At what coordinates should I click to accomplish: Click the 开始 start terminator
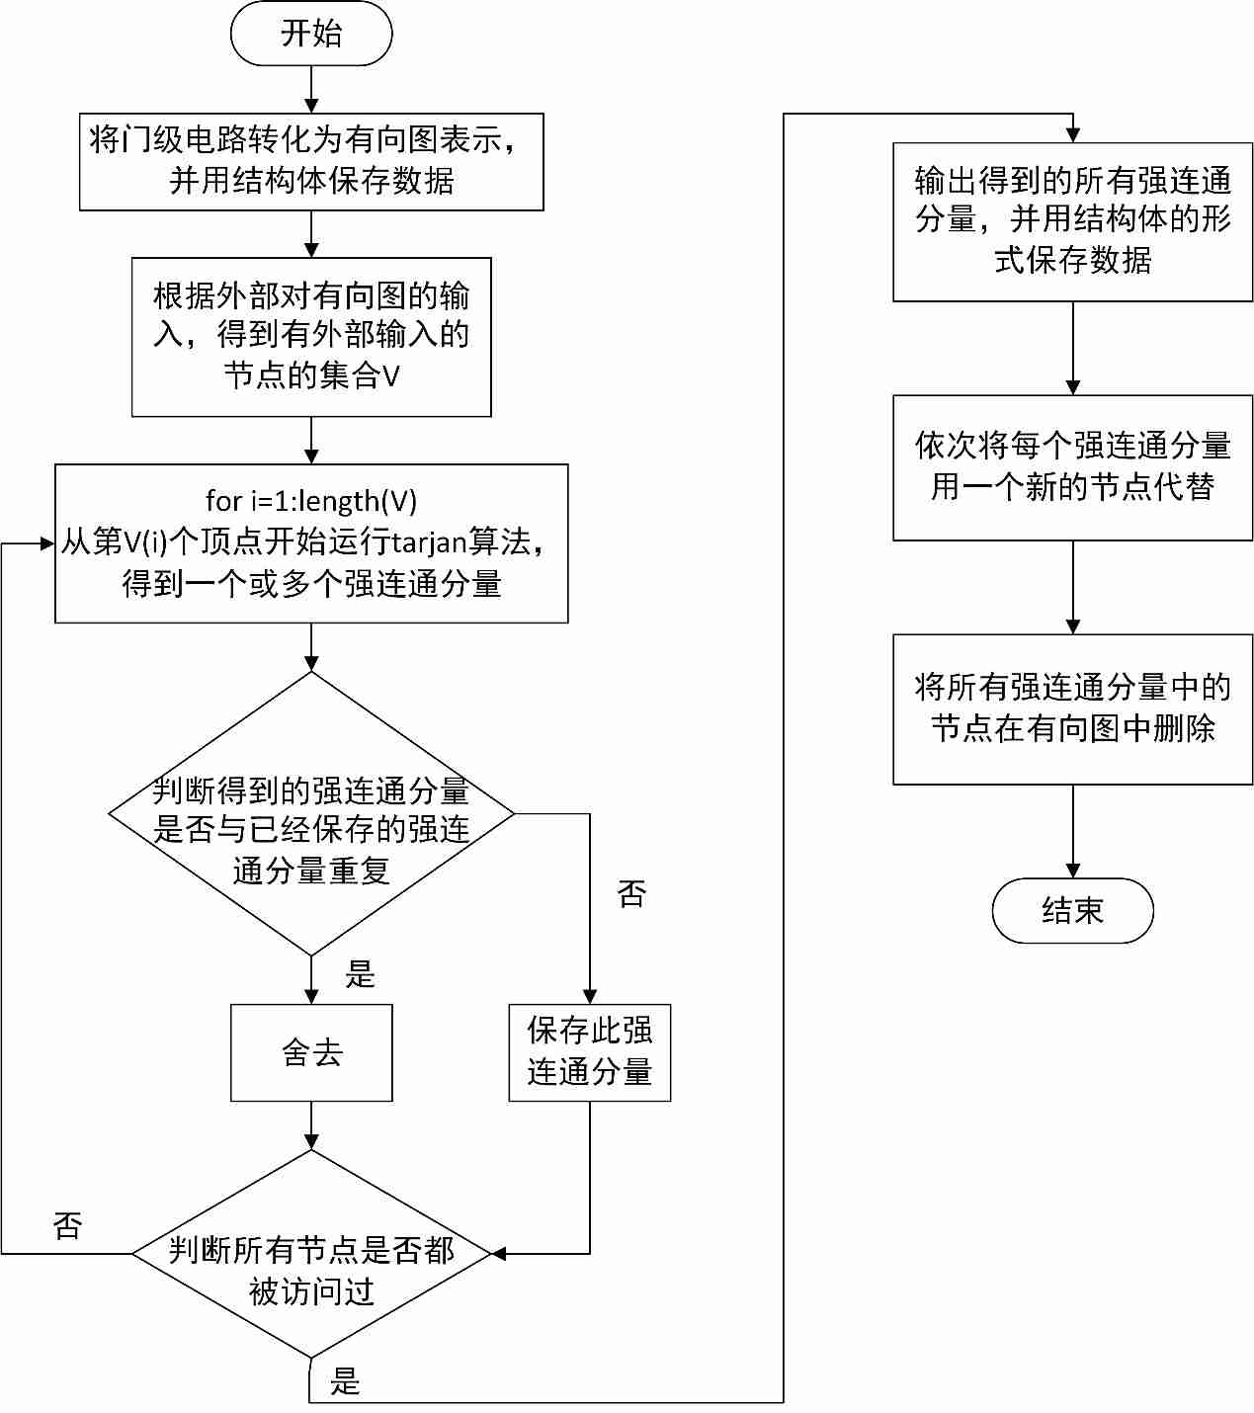click(x=311, y=34)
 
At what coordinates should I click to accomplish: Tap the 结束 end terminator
click(x=1072, y=910)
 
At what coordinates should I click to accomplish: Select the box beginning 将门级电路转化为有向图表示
click(x=311, y=161)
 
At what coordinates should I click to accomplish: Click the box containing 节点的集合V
click(x=311, y=337)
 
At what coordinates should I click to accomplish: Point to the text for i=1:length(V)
click(x=311, y=501)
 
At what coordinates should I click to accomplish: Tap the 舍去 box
click(x=311, y=1052)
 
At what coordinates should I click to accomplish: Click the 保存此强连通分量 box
click(x=590, y=1052)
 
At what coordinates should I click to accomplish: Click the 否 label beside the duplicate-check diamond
click(x=631, y=894)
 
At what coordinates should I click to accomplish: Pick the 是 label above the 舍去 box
click(x=360, y=974)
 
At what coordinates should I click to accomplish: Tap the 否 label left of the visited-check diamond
click(x=67, y=1226)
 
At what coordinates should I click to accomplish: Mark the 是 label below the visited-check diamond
click(x=345, y=1380)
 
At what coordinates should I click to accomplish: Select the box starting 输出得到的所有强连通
click(x=1072, y=221)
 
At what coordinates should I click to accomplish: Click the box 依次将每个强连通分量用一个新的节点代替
click(x=1072, y=467)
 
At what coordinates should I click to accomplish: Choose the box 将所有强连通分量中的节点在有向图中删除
click(x=1072, y=709)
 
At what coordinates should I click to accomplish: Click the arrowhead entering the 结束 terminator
click(x=1072, y=871)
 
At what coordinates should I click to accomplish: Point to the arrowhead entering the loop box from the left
click(x=46, y=543)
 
